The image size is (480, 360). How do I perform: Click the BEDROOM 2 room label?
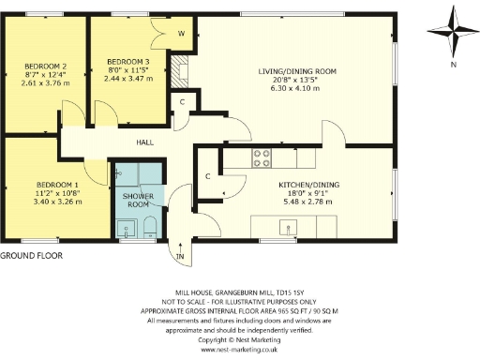coord(45,66)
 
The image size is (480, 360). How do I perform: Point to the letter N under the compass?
coord(452,65)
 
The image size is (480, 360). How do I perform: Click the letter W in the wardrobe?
coord(181,35)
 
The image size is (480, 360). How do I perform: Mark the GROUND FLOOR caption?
coord(29,255)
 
